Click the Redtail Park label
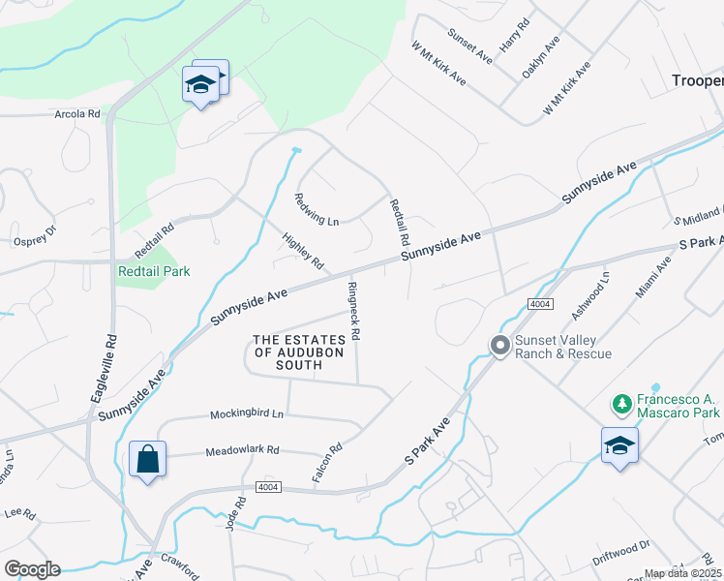point(154,271)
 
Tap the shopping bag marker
point(147,459)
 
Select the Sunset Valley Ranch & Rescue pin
point(500,345)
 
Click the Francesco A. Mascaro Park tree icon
point(621,401)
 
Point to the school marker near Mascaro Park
point(619,445)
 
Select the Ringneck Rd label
point(354,311)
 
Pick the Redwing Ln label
point(317,209)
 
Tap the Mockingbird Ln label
point(247,414)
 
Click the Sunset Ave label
point(469,46)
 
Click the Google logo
point(32,569)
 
